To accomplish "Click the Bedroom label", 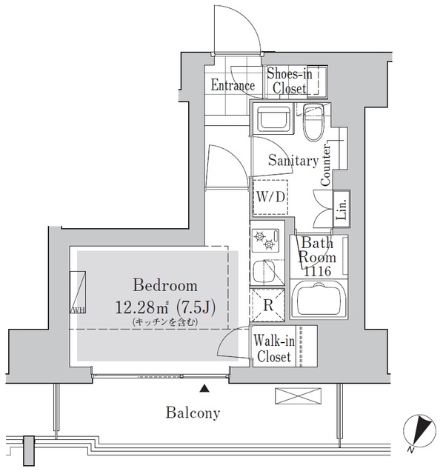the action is (165, 286).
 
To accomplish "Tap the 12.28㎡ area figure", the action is (141, 308).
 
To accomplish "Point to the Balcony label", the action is (193, 413).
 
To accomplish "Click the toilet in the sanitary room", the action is (313, 122).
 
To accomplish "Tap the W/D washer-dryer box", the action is (270, 197).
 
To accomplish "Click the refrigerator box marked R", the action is (268, 305).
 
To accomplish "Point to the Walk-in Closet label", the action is (274, 349).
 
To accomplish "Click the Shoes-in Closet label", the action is (290, 81).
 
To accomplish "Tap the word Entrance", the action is (233, 85).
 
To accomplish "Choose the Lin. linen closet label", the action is (342, 209).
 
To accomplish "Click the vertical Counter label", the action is (326, 165).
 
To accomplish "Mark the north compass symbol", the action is (419, 430).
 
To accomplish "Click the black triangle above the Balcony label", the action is (204, 388).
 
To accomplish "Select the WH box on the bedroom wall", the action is (78, 293).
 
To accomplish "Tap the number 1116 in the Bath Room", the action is (317, 272).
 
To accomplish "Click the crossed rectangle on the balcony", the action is (298, 396).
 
